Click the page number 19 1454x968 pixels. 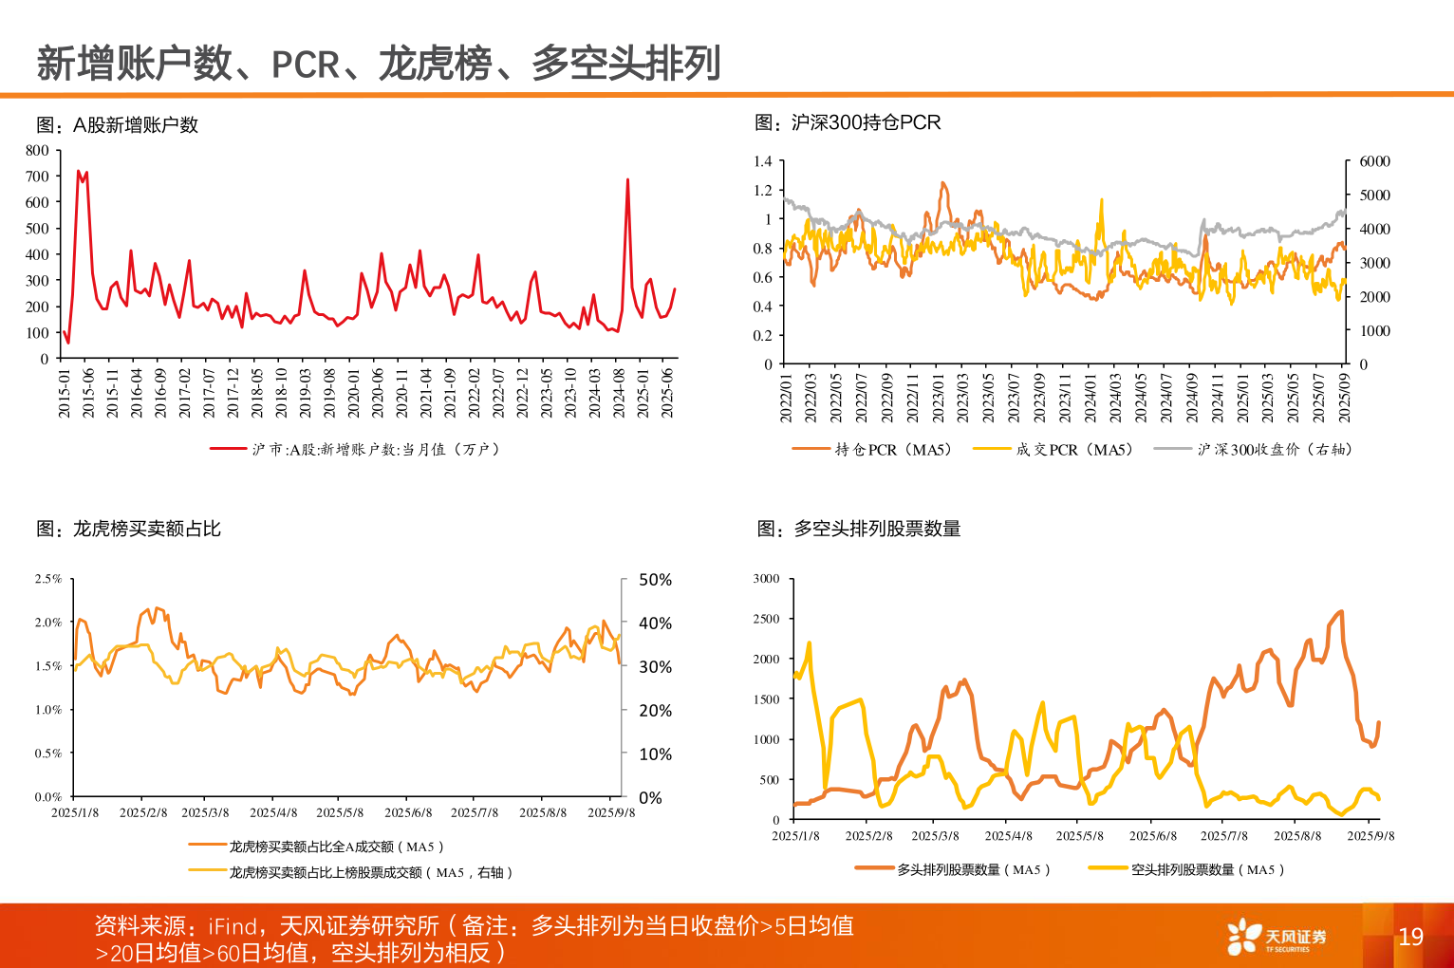pyautogui.click(x=1410, y=937)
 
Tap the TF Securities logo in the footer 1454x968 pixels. pyautogui.click(x=1277, y=937)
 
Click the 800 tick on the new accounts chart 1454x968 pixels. pyautogui.click(x=37, y=150)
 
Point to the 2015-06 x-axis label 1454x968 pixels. pyautogui.click(x=89, y=392)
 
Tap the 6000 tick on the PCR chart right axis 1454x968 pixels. pyautogui.click(x=1374, y=161)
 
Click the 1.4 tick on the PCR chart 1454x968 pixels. pyautogui.click(x=762, y=161)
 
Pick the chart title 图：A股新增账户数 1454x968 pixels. pyautogui.click(x=117, y=125)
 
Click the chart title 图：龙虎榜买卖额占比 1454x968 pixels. pyautogui.click(x=128, y=529)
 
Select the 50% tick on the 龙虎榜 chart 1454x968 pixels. pyautogui.click(x=655, y=580)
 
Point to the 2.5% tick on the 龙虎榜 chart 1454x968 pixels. pyautogui.click(x=48, y=579)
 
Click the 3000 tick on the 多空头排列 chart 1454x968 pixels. pyautogui.click(x=766, y=579)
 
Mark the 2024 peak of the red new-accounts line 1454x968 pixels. pyautogui.click(x=627, y=179)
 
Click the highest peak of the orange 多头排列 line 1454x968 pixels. pyautogui.click(x=1341, y=611)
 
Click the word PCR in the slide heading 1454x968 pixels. pyautogui.click(x=306, y=65)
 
